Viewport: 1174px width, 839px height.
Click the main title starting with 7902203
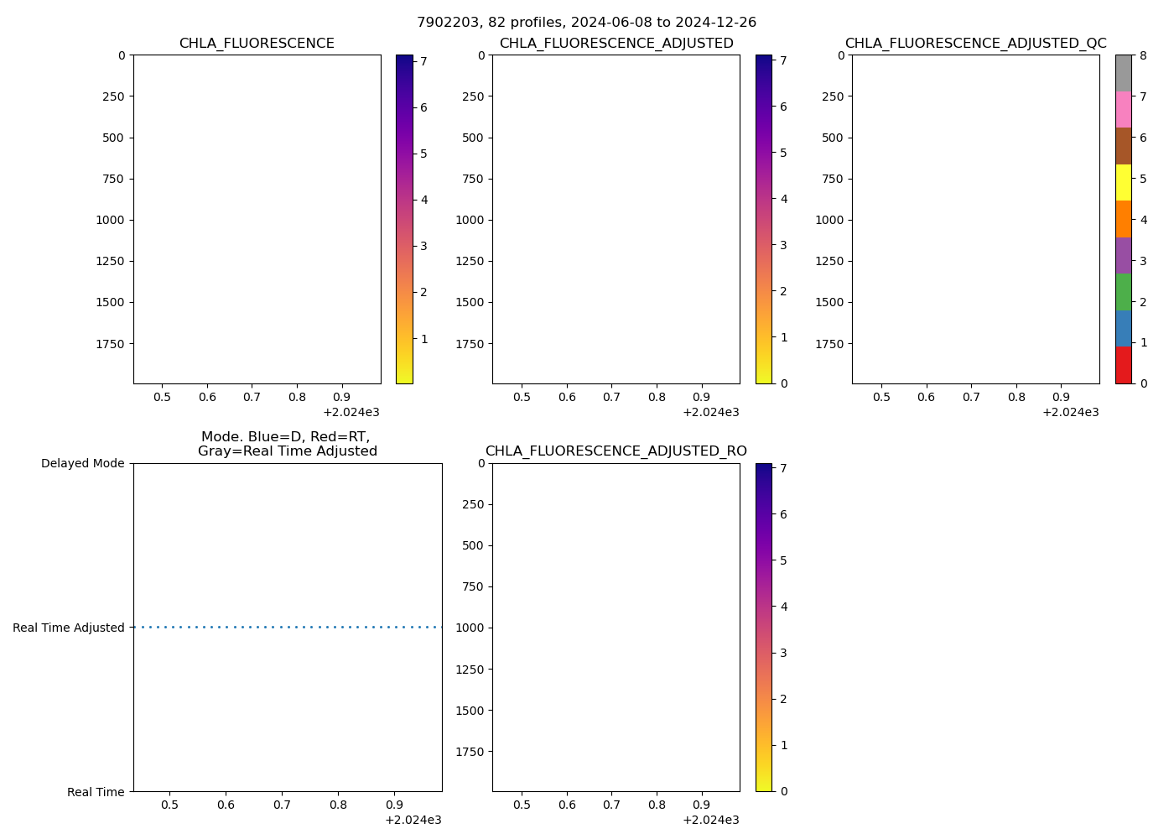pyautogui.click(x=586, y=23)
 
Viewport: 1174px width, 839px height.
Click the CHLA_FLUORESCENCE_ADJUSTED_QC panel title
pyautogui.click(x=975, y=44)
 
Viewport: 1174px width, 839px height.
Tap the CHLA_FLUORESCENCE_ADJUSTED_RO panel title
pyautogui.click(x=616, y=451)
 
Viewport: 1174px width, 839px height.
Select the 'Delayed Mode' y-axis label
pyautogui.click(x=82, y=463)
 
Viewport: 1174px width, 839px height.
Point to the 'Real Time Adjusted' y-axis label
pyautogui.click(x=68, y=628)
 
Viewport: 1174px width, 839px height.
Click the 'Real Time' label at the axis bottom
pyautogui.click(x=96, y=792)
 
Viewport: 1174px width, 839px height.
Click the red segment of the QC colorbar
pyautogui.click(x=1123, y=365)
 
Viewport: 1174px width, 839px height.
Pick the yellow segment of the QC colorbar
pyautogui.click(x=1123, y=182)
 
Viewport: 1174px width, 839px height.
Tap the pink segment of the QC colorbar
pyautogui.click(x=1123, y=109)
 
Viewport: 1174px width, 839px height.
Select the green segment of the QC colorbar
pyautogui.click(x=1123, y=292)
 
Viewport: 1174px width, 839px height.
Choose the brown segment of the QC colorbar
pyautogui.click(x=1123, y=146)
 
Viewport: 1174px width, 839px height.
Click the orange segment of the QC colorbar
pyautogui.click(x=1123, y=219)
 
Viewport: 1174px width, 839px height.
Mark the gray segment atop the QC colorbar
pyautogui.click(x=1123, y=73)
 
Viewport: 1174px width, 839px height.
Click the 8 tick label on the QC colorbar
pyautogui.click(x=1142, y=55)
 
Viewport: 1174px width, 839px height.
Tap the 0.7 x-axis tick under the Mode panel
pyautogui.click(x=282, y=805)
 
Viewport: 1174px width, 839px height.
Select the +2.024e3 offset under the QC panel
pyautogui.click(x=1070, y=412)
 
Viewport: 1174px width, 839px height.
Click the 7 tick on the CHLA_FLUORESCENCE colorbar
pyautogui.click(x=423, y=61)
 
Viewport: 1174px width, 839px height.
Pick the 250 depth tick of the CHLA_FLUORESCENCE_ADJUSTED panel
pyautogui.click(x=470, y=96)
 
